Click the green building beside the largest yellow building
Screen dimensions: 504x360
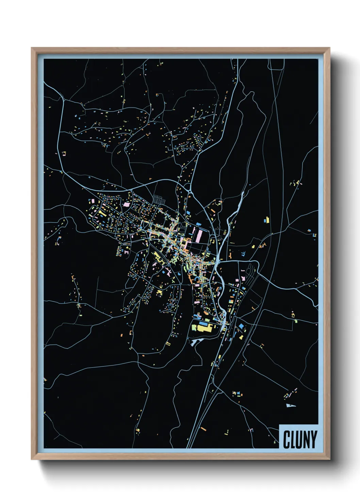pos(194,328)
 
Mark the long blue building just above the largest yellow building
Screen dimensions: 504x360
pos(203,322)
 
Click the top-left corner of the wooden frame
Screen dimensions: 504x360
pos(32,48)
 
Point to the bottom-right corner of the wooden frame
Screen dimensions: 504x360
pos(329,459)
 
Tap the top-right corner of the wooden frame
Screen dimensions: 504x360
pos(329,48)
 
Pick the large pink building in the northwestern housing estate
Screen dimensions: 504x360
pos(127,205)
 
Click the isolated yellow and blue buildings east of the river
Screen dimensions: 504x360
pos(267,220)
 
